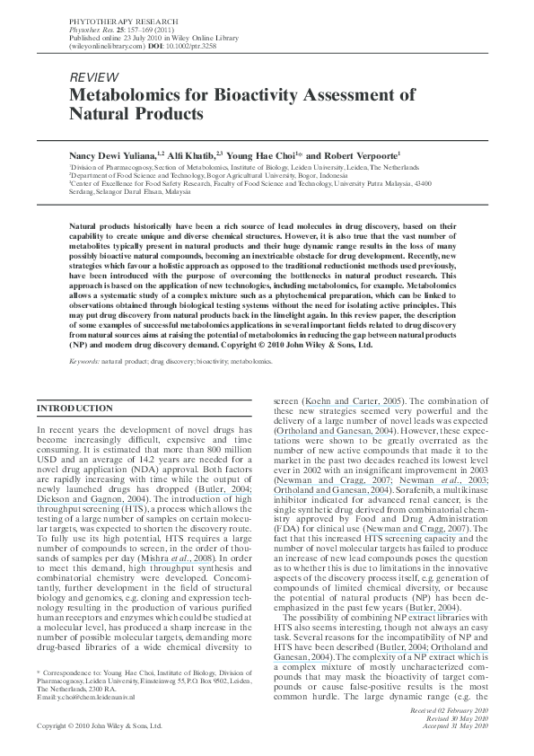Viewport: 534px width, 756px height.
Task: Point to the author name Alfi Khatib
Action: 193,154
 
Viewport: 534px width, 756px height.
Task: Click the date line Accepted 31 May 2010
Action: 459,725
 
